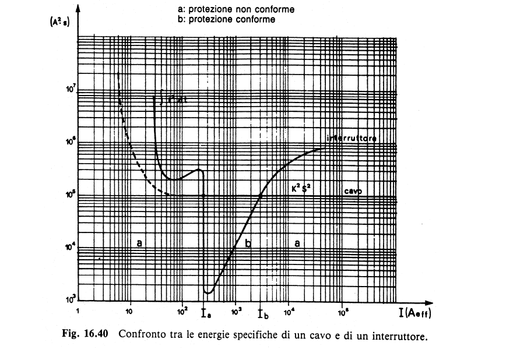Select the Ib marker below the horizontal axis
(263, 315)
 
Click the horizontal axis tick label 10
(129, 310)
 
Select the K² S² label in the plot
(303, 188)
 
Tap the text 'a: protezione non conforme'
(229, 9)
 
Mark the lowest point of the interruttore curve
(208, 292)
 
